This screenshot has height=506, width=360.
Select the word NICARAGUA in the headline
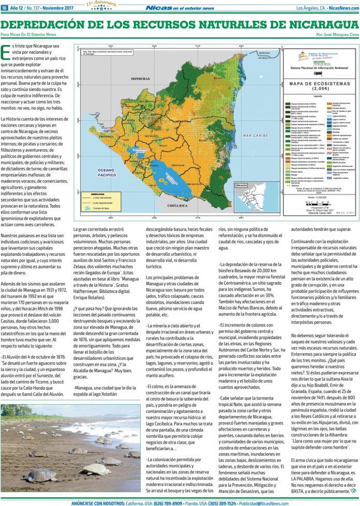tap(311, 25)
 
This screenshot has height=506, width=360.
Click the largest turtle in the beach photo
tap(40, 474)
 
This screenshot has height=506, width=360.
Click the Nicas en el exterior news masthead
tap(179, 8)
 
